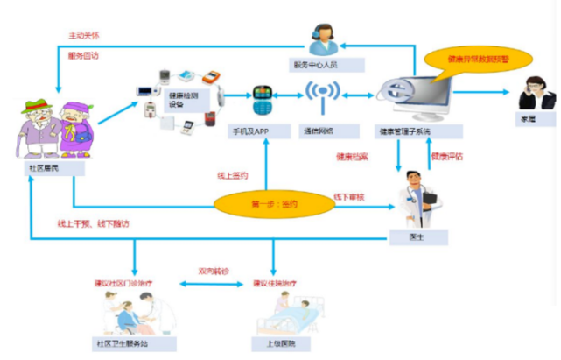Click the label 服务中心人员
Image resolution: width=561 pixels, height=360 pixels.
coord(319,67)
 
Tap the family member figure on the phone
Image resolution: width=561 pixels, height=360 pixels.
coord(530,92)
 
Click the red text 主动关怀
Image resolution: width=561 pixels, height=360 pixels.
coord(84,36)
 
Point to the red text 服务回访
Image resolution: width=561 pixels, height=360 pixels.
coord(84,55)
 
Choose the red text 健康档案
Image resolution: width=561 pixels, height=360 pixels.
coord(353,157)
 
